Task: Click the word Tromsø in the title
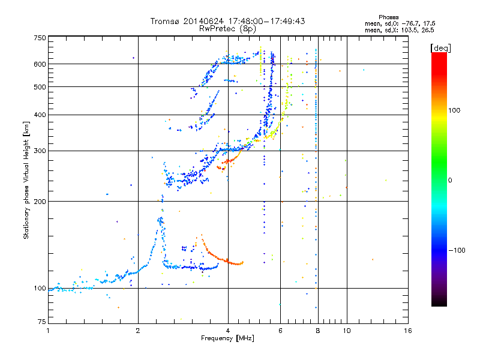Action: click(165, 21)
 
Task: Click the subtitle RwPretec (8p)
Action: click(228, 28)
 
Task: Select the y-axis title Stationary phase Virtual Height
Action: click(26, 181)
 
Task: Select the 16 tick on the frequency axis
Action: click(407, 331)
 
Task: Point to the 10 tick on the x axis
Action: click(346, 331)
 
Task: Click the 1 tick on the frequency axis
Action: click(48, 331)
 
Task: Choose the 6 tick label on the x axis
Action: click(280, 331)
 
